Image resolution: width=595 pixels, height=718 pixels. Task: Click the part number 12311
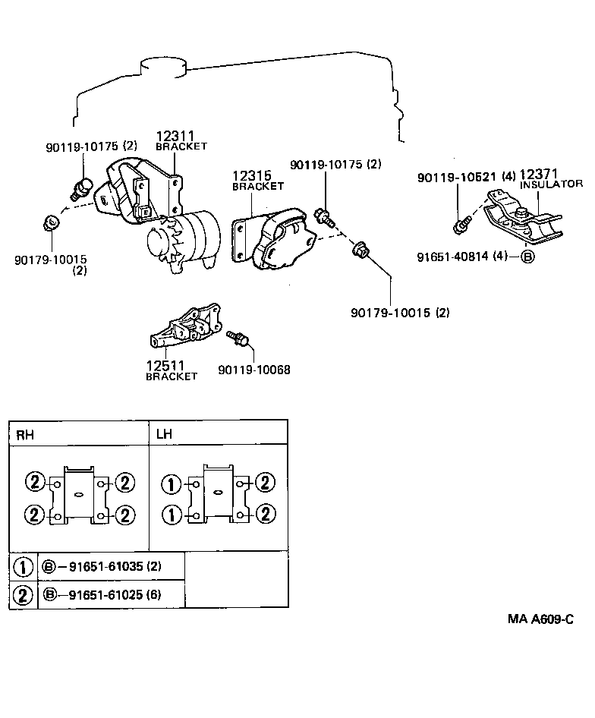tap(174, 136)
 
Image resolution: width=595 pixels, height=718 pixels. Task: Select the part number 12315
tap(251, 176)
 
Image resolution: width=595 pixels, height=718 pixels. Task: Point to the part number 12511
tap(165, 366)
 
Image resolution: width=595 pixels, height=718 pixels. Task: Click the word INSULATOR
tap(551, 184)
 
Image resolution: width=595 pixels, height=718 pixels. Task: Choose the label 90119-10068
tap(253, 370)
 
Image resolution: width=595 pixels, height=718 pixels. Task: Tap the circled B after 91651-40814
tap(527, 257)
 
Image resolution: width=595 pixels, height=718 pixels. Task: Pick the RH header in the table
tap(26, 434)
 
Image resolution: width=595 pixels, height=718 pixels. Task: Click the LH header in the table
tap(165, 434)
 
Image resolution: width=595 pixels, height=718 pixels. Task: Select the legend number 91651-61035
tap(103, 566)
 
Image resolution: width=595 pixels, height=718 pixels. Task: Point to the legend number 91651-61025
tap(103, 594)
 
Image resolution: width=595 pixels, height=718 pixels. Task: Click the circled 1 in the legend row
tap(24, 567)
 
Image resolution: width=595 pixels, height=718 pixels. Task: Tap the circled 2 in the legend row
tap(24, 595)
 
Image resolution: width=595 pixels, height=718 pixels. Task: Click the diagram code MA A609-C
tap(540, 619)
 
